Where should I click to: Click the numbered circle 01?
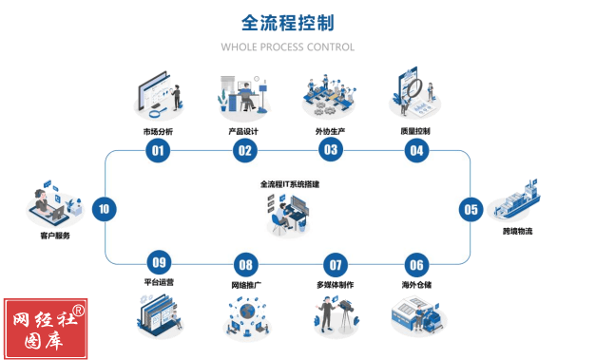(x=158, y=150)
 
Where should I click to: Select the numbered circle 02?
(x=244, y=150)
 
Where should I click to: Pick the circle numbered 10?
(x=104, y=208)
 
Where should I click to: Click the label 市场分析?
(x=158, y=131)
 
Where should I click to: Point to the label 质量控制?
(x=415, y=131)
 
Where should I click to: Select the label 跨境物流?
(x=517, y=231)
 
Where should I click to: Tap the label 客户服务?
(x=54, y=235)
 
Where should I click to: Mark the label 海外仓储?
(x=415, y=284)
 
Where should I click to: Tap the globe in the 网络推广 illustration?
(x=246, y=311)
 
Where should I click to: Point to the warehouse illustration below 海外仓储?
(x=416, y=313)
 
